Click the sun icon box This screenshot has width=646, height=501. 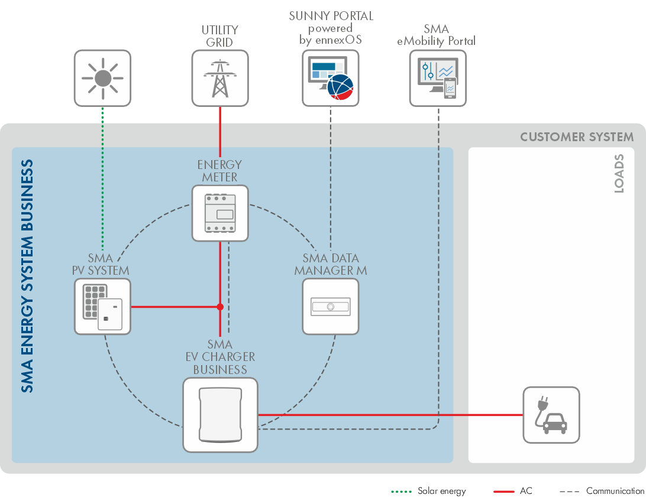[x=102, y=78]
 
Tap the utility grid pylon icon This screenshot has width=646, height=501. [x=220, y=78]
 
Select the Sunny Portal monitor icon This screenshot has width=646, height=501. [x=330, y=78]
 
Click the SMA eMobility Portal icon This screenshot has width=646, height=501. [x=438, y=78]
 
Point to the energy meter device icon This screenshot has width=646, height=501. [x=220, y=213]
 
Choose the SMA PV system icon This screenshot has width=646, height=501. [x=102, y=307]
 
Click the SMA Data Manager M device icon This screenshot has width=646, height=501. [x=330, y=307]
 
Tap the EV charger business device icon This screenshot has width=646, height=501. [x=220, y=415]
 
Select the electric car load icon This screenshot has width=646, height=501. [x=551, y=415]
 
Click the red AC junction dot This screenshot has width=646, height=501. [x=220, y=307]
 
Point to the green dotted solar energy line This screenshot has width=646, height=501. [x=102, y=177]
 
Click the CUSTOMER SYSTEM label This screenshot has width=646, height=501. [x=577, y=137]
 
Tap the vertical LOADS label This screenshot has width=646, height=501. [x=619, y=174]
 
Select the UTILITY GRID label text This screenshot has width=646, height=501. [x=220, y=36]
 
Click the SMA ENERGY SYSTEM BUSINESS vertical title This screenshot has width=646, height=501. [x=27, y=276]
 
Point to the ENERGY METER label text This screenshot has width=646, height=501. [x=220, y=171]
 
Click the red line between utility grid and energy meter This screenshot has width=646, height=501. [x=220, y=133]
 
